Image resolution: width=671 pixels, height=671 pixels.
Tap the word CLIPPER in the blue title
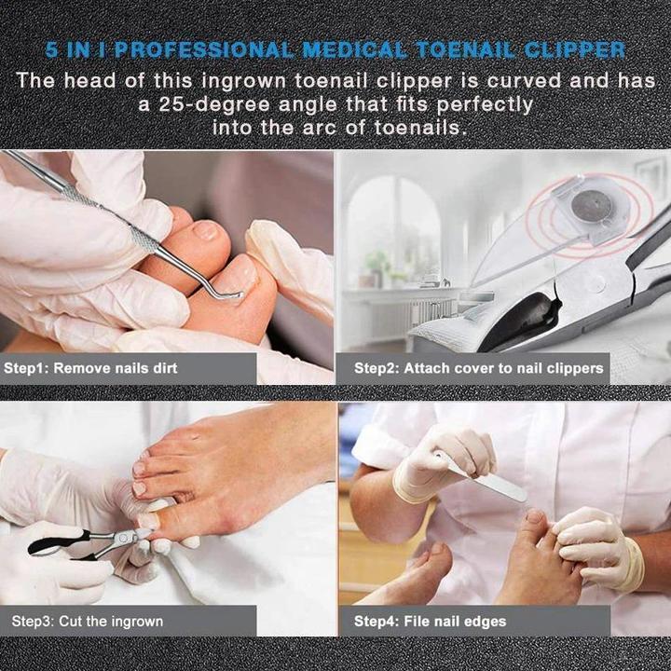pos(582,49)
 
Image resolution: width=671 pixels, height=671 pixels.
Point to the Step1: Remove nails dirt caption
pos(90,369)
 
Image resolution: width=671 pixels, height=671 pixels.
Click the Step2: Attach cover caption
pos(478,369)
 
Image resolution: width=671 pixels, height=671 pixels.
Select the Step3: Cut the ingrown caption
pos(88,621)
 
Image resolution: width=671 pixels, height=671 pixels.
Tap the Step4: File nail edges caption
pos(430,621)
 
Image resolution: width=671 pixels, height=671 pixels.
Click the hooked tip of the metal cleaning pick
pos(235,296)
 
